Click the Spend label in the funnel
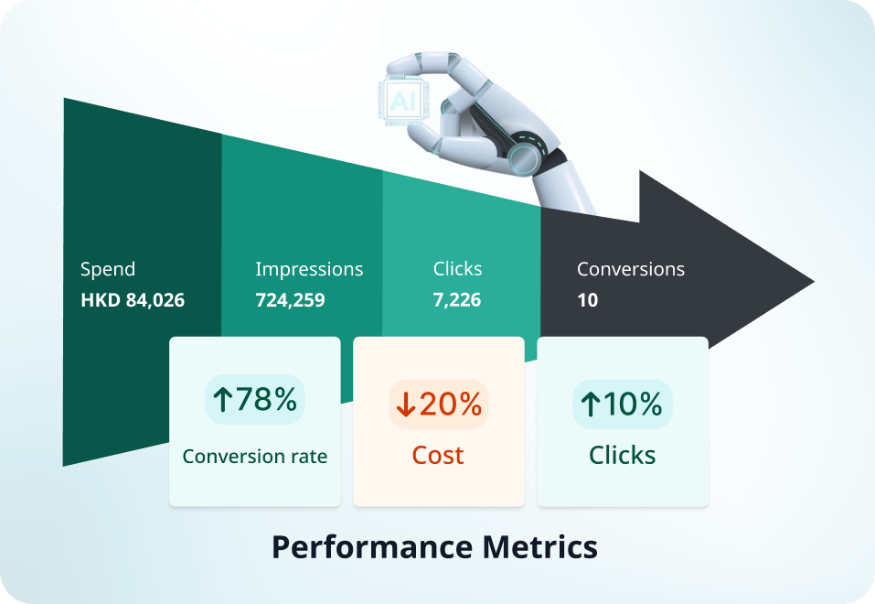pos(108,269)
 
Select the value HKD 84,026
pos(133,300)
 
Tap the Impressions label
pos(309,269)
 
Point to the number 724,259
pos(290,300)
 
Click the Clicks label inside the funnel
pos(457,269)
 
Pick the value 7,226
pos(457,300)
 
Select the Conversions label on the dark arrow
pos(631,269)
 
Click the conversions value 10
pos(588,300)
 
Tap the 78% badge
pos(255,400)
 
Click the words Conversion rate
pos(255,457)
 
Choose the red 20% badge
pos(439,404)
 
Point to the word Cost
pos(438,456)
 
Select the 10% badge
pos(623,404)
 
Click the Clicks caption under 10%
pos(623,456)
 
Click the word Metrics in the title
pos(540,547)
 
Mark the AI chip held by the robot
pos(404,100)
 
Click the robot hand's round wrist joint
pos(525,157)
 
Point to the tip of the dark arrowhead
pos(814,282)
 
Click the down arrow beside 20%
pos(406,404)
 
